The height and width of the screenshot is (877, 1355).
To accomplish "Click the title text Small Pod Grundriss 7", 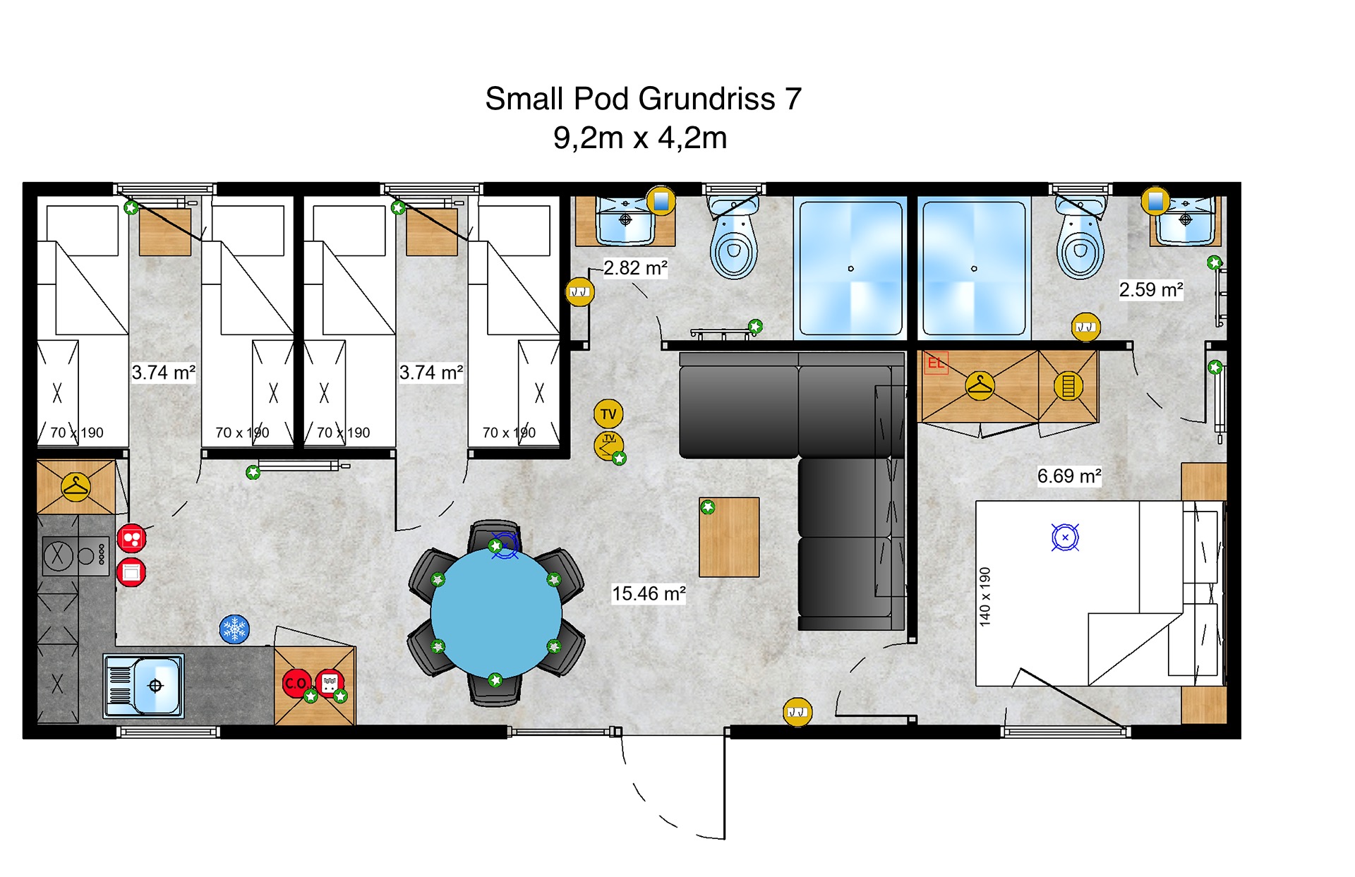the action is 643,99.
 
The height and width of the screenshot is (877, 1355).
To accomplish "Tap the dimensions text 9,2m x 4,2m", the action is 640,138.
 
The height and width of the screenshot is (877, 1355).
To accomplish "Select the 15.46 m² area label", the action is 649,593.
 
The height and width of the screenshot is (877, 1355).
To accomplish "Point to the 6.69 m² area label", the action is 1069,476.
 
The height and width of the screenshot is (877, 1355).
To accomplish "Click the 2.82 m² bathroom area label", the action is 635,268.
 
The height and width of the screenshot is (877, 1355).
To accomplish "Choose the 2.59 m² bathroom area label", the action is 1151,289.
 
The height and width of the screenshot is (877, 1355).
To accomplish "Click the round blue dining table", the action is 496,612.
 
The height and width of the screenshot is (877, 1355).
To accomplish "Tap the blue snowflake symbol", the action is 234,629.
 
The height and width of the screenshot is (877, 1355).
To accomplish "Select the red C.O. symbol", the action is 296,683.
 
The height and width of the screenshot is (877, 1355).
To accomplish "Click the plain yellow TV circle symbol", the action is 608,414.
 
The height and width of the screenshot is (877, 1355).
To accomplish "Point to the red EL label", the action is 937,363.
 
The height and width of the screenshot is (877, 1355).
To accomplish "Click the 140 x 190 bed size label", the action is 985,597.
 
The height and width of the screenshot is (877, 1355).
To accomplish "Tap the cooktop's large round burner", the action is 58,556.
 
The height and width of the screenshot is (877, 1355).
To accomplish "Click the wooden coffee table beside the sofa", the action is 729,537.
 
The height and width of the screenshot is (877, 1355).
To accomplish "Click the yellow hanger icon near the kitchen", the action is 76,488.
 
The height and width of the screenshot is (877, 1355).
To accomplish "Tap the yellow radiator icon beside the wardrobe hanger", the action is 1068,386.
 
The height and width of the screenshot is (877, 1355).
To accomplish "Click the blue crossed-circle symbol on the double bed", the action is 1065,538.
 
